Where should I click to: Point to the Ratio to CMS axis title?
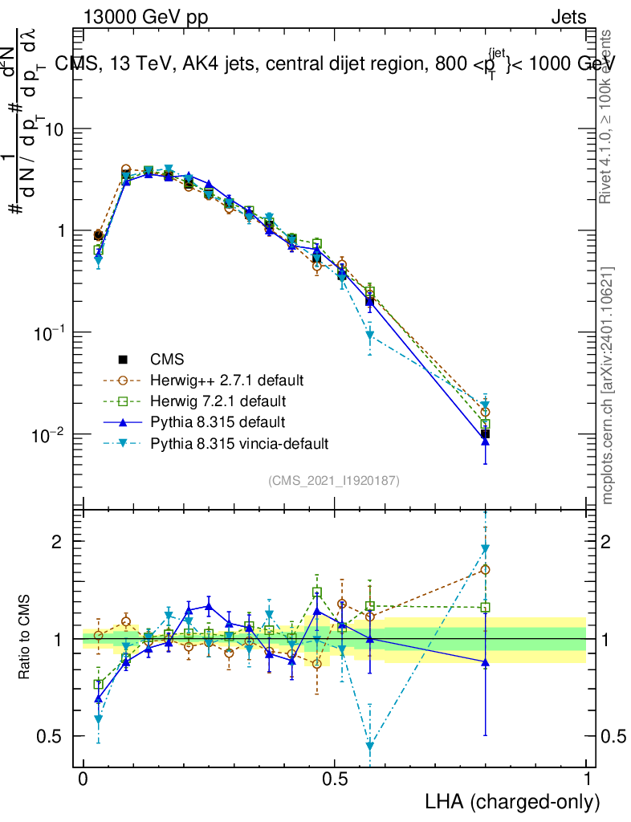click(25, 639)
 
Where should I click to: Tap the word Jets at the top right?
click(568, 17)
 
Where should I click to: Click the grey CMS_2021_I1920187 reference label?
click(334, 480)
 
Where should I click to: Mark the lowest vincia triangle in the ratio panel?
click(370, 747)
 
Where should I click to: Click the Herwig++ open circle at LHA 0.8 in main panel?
click(485, 412)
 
